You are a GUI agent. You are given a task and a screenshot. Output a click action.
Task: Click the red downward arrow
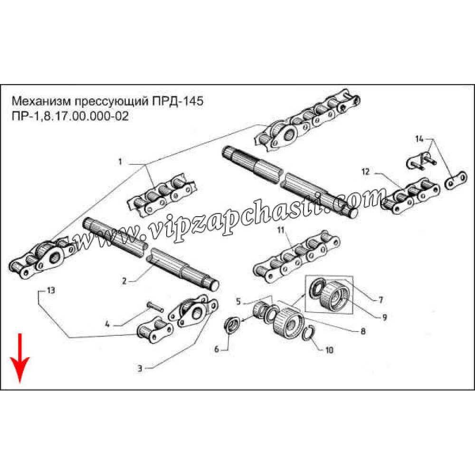[x=19, y=358]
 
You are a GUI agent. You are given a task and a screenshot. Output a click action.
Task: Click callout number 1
[x=120, y=162]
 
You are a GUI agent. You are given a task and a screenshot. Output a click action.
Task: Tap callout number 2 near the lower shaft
[x=124, y=281]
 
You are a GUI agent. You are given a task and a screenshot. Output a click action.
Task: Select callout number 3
[x=140, y=369]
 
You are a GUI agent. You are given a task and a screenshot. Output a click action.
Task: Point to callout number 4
[x=107, y=324]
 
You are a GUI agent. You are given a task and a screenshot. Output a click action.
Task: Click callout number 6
[x=217, y=349]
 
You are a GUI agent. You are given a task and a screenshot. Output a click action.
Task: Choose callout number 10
[x=329, y=350]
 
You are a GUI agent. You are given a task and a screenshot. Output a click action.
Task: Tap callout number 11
[x=281, y=230]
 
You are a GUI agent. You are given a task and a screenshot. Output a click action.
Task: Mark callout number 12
[x=366, y=172]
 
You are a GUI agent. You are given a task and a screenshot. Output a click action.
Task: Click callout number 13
[x=51, y=290]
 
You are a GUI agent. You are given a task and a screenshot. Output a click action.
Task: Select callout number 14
[x=419, y=139]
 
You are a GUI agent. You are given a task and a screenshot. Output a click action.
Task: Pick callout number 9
[x=384, y=317]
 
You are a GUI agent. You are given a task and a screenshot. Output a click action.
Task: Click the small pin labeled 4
[x=155, y=306]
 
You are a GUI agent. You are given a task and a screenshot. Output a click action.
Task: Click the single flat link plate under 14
[x=456, y=180]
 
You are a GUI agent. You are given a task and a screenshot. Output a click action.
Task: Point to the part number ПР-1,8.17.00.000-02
[x=70, y=116]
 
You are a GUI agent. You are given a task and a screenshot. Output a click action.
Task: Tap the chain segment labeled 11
[x=296, y=257]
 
